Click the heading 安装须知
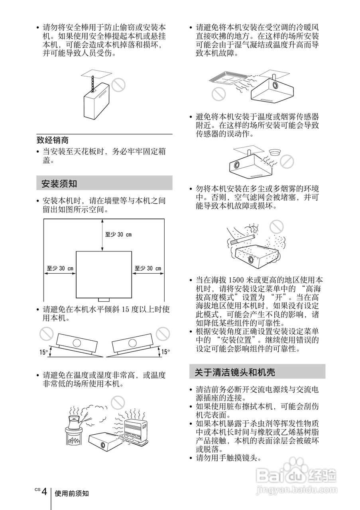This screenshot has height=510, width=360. coord(59,184)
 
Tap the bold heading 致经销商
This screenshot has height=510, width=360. coord(52,140)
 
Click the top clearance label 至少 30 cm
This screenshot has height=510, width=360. coord(118,234)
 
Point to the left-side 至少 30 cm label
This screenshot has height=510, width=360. coord(60,269)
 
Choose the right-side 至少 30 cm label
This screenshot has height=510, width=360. coord(148,269)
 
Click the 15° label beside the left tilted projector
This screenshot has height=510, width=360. coord(43,352)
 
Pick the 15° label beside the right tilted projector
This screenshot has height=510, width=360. coord(165,352)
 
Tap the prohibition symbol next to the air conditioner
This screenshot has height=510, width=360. coord(218,94)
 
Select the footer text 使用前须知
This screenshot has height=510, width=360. coord(72,493)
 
